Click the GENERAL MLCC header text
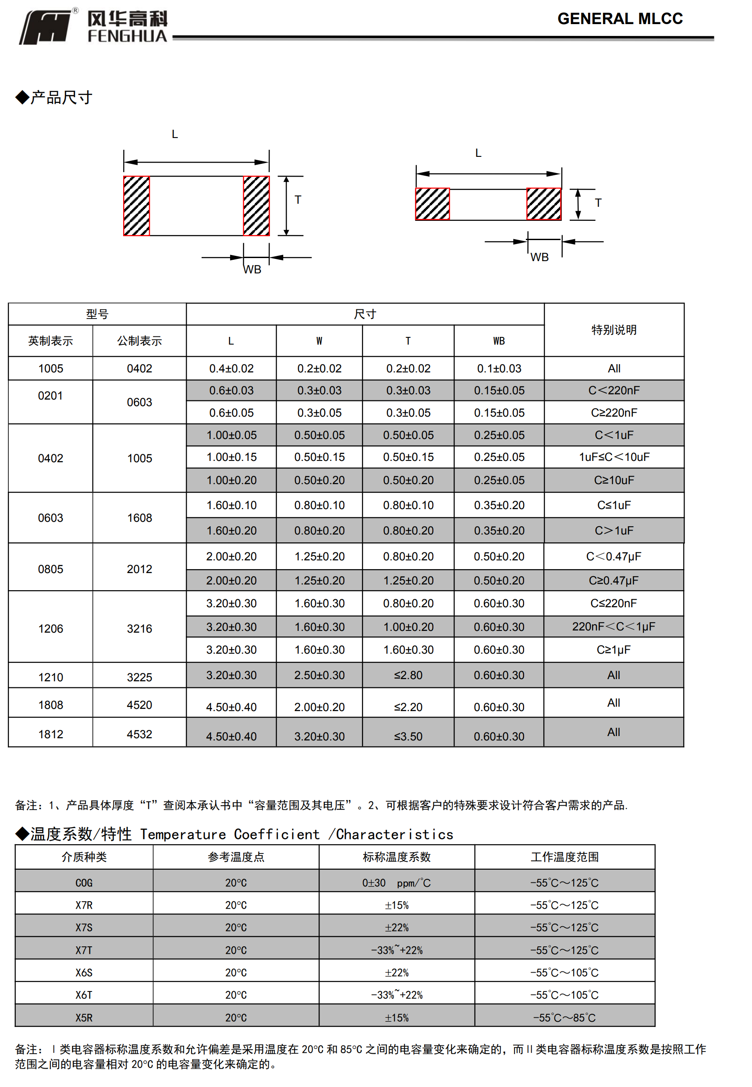point(620,19)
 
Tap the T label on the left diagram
point(298,200)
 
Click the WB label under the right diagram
point(539,257)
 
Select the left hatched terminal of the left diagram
point(137,206)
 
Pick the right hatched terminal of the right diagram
point(544,204)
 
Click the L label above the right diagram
point(478,153)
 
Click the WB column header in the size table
point(499,341)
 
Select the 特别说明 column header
point(614,329)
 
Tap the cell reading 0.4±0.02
point(231,369)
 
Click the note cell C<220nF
point(614,390)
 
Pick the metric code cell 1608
point(139,518)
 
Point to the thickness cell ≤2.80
point(408,675)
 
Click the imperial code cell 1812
point(50,734)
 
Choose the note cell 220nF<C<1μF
point(614,627)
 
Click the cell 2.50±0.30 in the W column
point(319,675)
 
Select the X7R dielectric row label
point(84,905)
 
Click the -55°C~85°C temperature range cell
point(564,1018)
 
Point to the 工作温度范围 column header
point(564,857)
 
